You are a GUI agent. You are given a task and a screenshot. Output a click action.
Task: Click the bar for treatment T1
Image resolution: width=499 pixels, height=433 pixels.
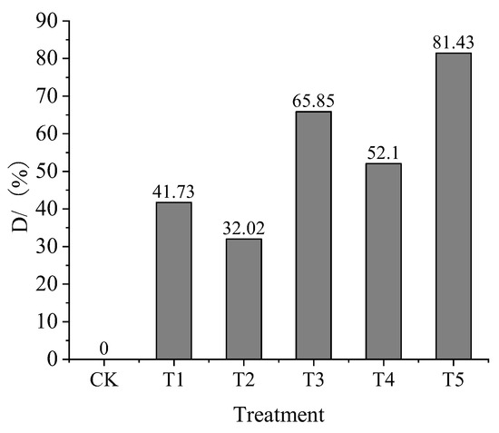click(x=173, y=280)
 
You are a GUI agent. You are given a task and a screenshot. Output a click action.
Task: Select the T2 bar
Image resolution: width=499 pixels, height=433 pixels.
click(x=243, y=299)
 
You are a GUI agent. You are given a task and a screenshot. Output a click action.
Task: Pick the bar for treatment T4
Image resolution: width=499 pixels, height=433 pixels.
click(x=383, y=261)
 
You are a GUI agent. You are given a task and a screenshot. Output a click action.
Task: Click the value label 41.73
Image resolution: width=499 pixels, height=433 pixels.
click(x=173, y=192)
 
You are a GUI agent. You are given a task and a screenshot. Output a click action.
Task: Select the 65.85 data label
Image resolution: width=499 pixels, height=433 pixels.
click(x=313, y=102)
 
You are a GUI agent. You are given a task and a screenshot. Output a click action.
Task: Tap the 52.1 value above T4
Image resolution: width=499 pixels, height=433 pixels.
click(x=383, y=153)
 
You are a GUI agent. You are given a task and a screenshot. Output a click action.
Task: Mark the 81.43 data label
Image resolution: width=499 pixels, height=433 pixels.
click(x=454, y=43)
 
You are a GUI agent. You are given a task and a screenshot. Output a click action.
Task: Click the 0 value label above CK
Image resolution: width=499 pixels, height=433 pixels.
click(x=103, y=349)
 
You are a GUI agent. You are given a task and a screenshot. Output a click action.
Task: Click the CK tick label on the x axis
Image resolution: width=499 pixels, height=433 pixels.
click(x=103, y=379)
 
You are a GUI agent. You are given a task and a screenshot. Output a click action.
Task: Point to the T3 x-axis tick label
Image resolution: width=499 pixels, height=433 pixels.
click(x=313, y=379)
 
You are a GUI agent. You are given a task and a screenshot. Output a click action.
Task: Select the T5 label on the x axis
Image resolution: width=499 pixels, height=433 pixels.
click(x=454, y=379)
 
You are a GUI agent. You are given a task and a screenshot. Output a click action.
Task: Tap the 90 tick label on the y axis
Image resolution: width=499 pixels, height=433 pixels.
click(x=54, y=21)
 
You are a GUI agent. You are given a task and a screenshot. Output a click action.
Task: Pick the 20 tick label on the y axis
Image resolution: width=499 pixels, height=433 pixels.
click(x=54, y=284)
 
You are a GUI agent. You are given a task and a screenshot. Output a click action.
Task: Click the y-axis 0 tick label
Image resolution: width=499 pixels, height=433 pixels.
click(x=59, y=359)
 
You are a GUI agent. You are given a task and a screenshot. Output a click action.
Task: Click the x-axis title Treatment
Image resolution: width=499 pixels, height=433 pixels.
click(x=279, y=416)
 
